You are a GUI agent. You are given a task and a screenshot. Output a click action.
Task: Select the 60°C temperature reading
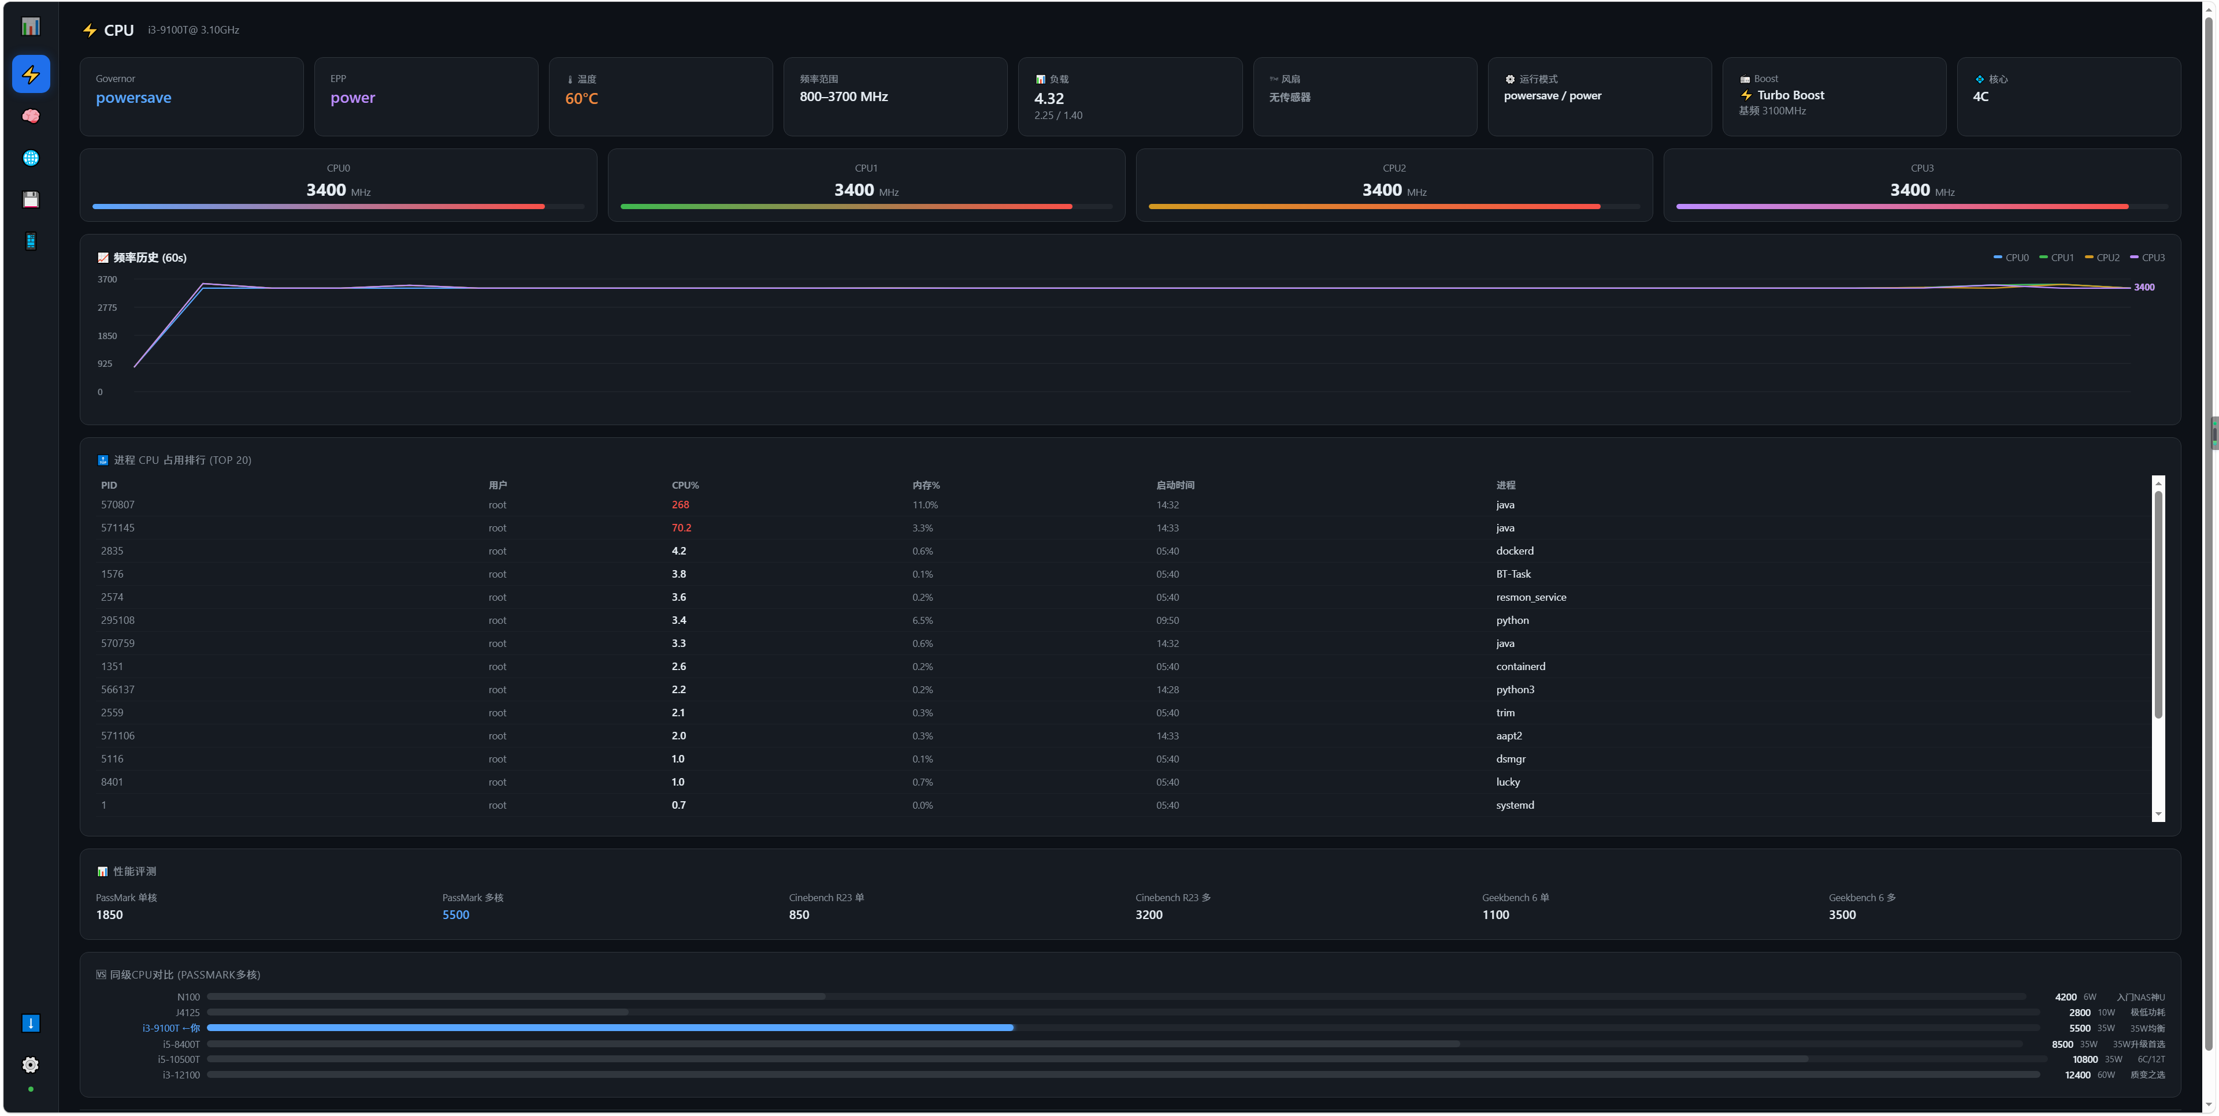581,99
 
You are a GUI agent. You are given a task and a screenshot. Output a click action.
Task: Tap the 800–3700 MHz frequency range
843,96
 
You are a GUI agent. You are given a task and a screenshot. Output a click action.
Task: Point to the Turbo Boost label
1790,95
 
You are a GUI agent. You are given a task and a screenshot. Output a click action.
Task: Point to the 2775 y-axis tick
107,307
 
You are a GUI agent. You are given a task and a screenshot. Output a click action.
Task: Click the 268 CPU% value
681,505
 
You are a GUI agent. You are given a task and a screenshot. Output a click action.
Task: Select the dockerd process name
1515,551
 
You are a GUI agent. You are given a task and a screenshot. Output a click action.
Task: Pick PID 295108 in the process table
118,620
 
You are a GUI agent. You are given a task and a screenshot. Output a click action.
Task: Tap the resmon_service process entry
1531,597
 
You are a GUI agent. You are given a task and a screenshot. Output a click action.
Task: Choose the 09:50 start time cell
1167,620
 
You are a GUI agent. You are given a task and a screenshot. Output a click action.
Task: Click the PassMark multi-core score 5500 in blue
456,914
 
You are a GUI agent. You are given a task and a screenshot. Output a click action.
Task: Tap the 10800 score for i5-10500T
2084,1060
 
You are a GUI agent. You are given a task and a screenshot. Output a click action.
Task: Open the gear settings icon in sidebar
30,1065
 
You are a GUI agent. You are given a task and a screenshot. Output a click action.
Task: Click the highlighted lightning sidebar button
31,74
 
